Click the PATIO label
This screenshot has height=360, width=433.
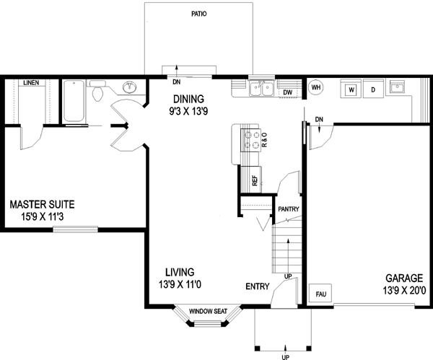click(x=200, y=14)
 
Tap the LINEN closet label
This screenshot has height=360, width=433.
click(x=30, y=83)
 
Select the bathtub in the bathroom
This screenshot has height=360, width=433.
click(x=74, y=101)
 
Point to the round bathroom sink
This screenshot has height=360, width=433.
click(x=130, y=89)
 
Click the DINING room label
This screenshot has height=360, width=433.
click(x=188, y=99)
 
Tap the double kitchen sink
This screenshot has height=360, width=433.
click(x=261, y=89)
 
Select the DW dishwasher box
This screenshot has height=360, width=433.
click(x=287, y=92)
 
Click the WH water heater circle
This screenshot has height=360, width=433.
click(x=315, y=88)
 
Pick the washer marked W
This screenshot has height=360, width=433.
click(x=351, y=89)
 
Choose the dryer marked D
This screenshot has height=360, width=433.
click(x=373, y=89)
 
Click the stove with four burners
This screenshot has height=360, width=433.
click(x=252, y=139)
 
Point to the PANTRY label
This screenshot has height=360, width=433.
click(x=289, y=209)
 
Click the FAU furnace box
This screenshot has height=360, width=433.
click(x=318, y=294)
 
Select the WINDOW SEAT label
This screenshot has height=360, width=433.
click(x=209, y=312)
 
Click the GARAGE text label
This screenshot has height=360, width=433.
click(x=404, y=278)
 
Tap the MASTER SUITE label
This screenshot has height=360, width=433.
click(x=42, y=204)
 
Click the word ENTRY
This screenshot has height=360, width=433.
click(x=257, y=286)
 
